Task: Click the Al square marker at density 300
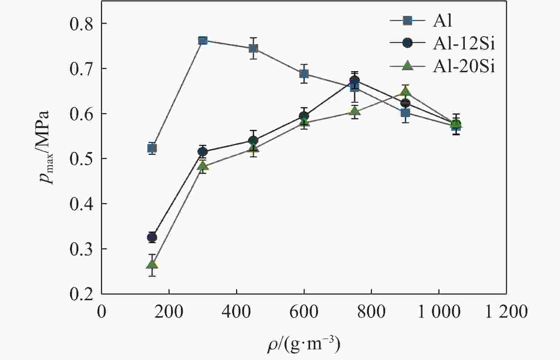click(203, 41)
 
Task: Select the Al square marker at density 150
click(152, 148)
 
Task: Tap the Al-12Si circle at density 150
click(152, 237)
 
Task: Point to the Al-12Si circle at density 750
click(354, 80)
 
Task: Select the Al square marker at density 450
click(253, 48)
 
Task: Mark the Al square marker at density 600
click(304, 74)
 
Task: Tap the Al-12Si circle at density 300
click(203, 152)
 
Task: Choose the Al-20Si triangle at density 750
click(354, 111)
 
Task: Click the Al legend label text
click(442, 21)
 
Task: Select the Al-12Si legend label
click(464, 44)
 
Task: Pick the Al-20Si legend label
click(464, 67)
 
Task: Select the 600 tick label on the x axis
click(304, 312)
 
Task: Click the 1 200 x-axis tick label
click(506, 312)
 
